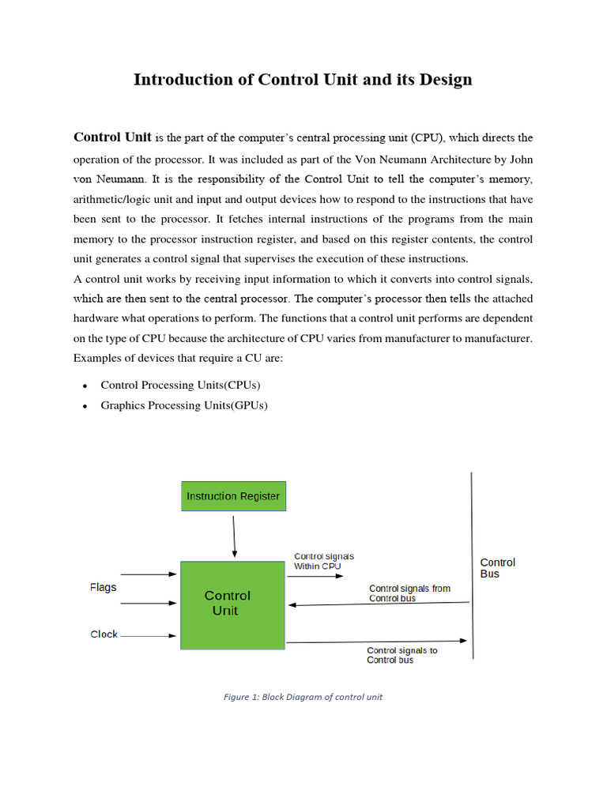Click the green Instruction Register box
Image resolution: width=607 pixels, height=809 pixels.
pyautogui.click(x=233, y=497)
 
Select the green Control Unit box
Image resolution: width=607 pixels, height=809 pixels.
pyautogui.click(x=232, y=604)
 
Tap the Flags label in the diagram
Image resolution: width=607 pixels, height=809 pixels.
pyautogui.click(x=103, y=588)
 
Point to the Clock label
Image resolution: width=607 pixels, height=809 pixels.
pyautogui.click(x=104, y=634)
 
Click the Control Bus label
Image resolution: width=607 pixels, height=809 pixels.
pyautogui.click(x=497, y=568)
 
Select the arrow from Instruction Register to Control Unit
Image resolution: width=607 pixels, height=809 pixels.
pyautogui.click(x=234, y=536)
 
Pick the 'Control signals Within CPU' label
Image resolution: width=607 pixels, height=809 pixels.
pyautogui.click(x=324, y=561)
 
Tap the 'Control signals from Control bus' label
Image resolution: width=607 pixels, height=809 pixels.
pyautogui.click(x=409, y=593)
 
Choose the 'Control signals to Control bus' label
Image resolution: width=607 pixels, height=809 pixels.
pyautogui.click(x=402, y=655)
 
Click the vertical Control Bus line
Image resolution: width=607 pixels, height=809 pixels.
pyautogui.click(x=473, y=565)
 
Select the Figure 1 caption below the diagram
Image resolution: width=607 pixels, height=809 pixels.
pyautogui.click(x=303, y=697)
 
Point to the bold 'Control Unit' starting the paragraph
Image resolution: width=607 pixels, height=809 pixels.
pyautogui.click(x=112, y=137)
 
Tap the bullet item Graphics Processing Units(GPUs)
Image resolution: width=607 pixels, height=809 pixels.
pyautogui.click(x=184, y=405)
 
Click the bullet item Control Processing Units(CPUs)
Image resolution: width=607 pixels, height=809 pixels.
pyautogui.click(x=180, y=385)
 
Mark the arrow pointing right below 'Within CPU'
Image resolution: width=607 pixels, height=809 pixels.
pyautogui.click(x=315, y=577)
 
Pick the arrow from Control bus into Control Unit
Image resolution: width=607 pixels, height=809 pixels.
pyautogui.click(x=379, y=604)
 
